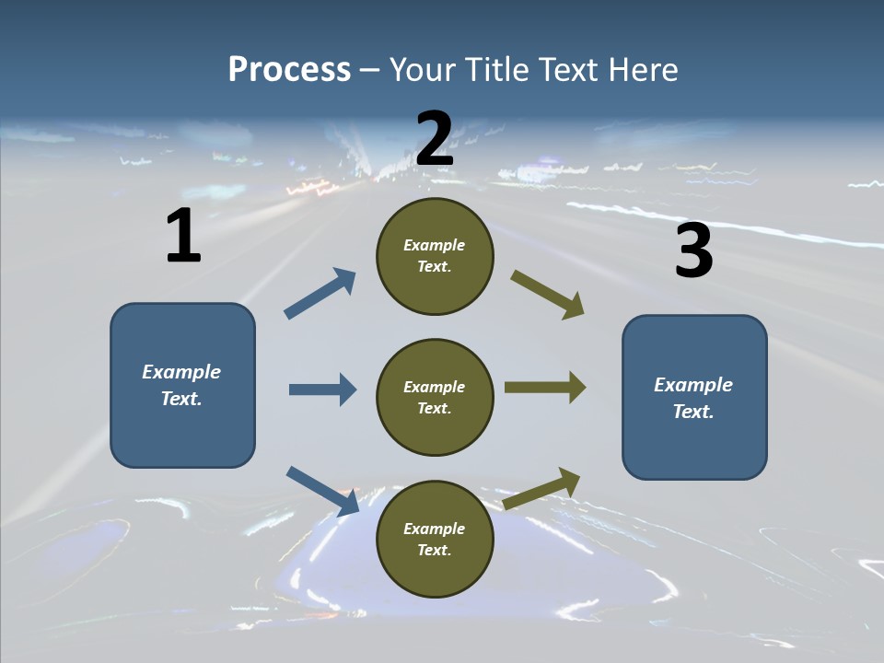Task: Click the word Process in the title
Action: (x=289, y=69)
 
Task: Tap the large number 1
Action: (x=183, y=236)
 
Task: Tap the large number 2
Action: (x=435, y=138)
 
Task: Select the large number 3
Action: (x=693, y=250)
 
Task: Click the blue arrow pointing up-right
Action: (x=320, y=294)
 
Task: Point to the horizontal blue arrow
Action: (x=322, y=390)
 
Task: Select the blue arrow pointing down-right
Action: (x=322, y=491)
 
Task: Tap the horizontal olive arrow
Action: (x=545, y=388)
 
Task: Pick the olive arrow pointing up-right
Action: (x=542, y=488)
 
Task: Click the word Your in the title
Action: (x=422, y=69)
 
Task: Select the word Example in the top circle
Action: (x=434, y=246)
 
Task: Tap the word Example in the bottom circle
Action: (x=434, y=529)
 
